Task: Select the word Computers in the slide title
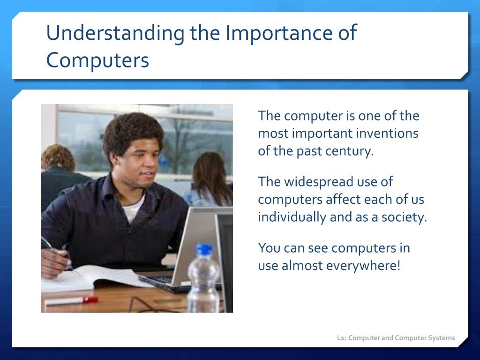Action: (x=97, y=60)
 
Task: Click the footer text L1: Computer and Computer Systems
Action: (x=396, y=338)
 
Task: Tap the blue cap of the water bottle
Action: (x=204, y=249)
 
